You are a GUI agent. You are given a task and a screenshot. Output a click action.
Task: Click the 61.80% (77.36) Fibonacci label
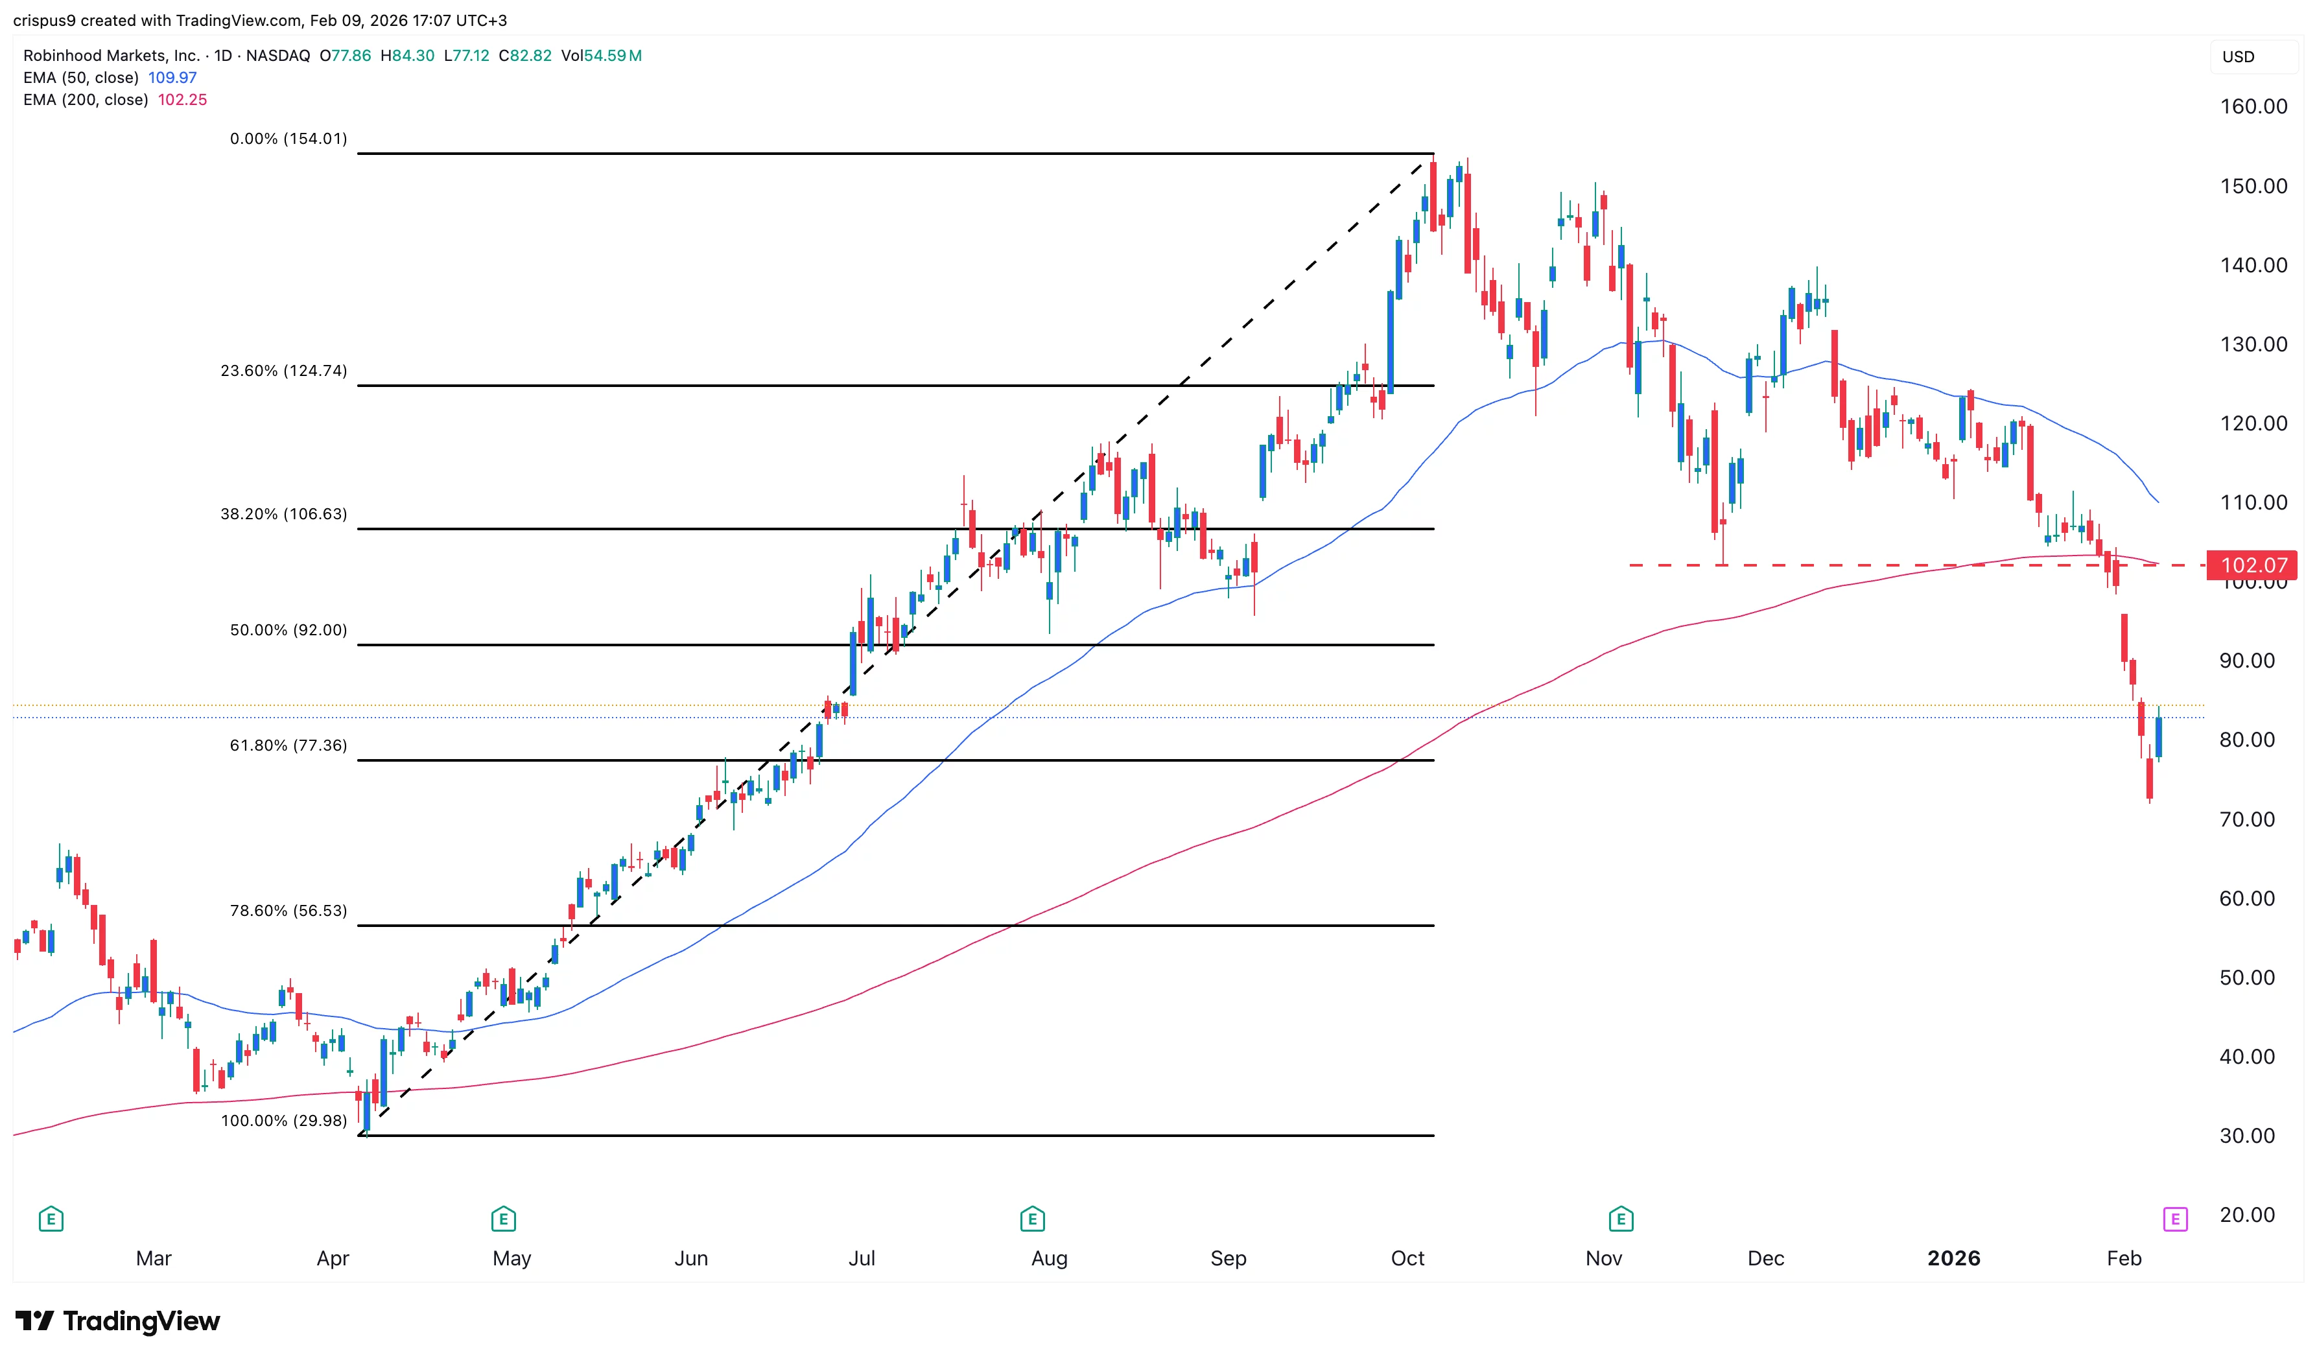288,745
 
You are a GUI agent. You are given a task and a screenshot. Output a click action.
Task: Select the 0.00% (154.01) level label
288,139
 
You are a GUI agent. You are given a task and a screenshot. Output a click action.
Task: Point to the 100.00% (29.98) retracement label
283,1121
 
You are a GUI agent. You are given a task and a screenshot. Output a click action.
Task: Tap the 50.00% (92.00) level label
288,631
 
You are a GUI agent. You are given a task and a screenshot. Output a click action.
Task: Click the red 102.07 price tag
2253,565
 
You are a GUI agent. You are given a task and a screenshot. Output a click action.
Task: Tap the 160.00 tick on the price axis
2253,107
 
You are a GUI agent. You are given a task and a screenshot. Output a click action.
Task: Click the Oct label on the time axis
1407,1259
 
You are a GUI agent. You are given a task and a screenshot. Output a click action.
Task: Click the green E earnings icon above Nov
1621,1220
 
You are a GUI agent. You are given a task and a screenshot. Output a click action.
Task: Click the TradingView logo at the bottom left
118,1321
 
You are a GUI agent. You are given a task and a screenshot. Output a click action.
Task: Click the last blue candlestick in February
2158,738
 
